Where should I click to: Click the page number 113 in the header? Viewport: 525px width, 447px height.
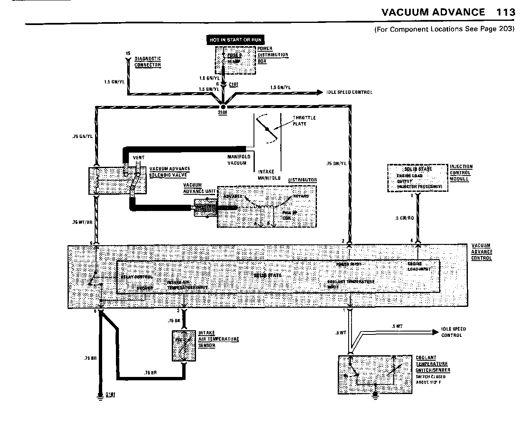point(506,12)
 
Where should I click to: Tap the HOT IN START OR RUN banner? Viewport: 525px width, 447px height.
point(236,40)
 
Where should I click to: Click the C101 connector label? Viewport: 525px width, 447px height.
point(234,84)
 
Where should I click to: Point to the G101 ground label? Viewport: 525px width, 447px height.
point(110,394)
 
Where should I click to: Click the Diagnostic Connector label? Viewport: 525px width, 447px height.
point(147,62)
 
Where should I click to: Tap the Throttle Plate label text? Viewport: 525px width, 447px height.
point(304,121)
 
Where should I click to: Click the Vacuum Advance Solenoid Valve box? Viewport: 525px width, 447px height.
point(118,181)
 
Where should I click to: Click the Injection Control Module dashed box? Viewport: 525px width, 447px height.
point(417,178)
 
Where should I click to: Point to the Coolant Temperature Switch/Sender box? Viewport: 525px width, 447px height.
point(375,374)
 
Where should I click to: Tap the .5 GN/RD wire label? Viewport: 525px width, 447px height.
point(404,218)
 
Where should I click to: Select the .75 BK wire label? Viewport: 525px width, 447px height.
point(173,321)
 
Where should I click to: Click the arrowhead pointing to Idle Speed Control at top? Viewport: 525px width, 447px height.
point(320,92)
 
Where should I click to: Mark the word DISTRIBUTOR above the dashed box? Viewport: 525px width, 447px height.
point(302,180)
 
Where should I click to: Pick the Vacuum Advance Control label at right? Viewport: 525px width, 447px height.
point(482,252)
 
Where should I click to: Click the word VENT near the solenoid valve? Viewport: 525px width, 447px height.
point(138,157)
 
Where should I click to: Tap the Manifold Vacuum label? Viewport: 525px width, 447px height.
point(239,160)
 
